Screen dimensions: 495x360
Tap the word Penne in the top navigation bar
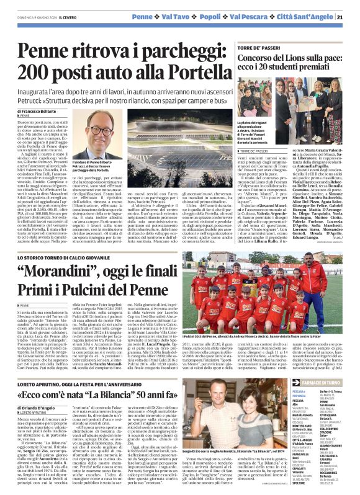[x=142, y=16]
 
